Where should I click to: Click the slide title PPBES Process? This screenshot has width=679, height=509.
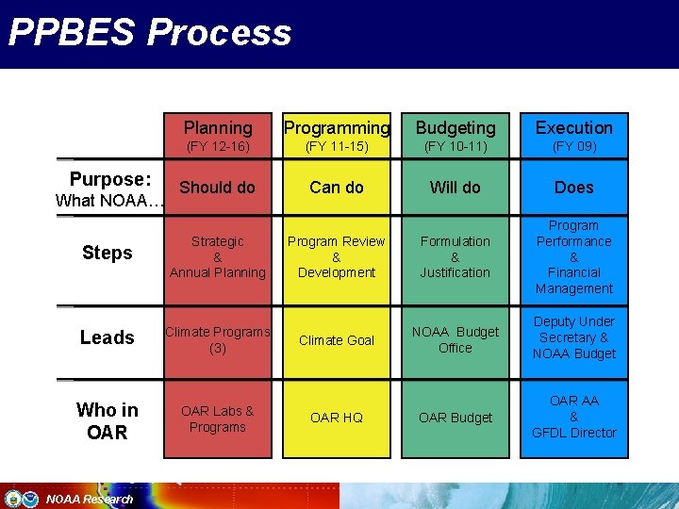pos(150,32)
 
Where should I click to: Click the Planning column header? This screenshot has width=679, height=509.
pos(218,127)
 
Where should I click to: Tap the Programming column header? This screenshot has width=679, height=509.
pos(337,127)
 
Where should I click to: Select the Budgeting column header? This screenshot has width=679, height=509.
pos(455,127)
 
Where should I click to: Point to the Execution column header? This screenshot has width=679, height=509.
pos(574,127)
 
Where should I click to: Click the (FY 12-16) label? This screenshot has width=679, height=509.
pos(218,147)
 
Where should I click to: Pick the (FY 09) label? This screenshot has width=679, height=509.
pos(574,147)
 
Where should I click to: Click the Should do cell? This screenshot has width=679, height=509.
pos(218,187)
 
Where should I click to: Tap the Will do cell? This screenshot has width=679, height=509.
pos(455,187)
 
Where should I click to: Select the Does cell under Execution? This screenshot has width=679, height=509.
pos(574,188)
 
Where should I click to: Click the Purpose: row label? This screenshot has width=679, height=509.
pos(110,179)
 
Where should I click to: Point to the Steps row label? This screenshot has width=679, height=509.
pos(108,253)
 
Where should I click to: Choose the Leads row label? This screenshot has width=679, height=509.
pos(108,337)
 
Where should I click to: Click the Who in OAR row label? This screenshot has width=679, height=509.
pos(108,420)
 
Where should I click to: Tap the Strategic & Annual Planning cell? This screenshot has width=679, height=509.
pos(218,256)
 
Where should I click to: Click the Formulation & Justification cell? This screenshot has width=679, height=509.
pos(455,256)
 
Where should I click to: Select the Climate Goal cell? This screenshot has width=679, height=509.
pos(337,340)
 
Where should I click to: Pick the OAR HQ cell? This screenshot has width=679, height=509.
pos(337,418)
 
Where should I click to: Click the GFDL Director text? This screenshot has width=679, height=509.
pos(574,433)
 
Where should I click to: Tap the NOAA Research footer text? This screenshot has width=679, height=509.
pos(90,499)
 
